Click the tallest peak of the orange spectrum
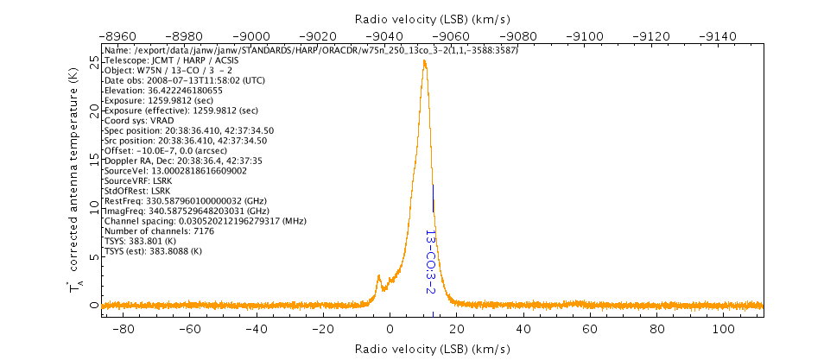tap(424, 61)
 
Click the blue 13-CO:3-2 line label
tap(429, 261)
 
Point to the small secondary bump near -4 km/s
tap(378, 277)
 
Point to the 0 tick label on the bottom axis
tap(390, 329)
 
